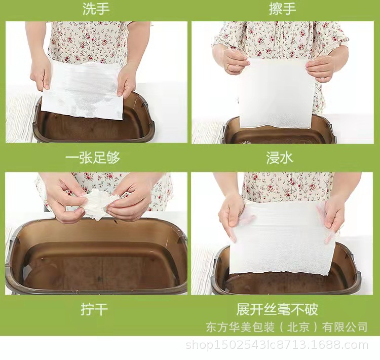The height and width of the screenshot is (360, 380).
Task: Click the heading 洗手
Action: click(96, 9)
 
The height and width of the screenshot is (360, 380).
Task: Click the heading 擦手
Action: click(282, 9)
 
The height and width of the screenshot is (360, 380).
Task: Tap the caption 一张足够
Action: click(93, 158)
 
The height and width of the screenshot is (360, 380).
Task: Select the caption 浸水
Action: click(280, 158)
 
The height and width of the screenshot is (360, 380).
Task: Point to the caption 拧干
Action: click(94, 309)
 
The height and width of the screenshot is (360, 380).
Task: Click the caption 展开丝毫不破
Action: click(277, 309)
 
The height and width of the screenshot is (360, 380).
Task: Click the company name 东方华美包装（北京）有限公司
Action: click(287, 327)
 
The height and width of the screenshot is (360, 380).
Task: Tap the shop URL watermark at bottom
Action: click(277, 345)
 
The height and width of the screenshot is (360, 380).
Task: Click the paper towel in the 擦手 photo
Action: click(276, 93)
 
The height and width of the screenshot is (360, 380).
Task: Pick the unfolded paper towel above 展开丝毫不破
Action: click(282, 239)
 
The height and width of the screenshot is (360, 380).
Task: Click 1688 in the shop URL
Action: click(326, 345)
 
